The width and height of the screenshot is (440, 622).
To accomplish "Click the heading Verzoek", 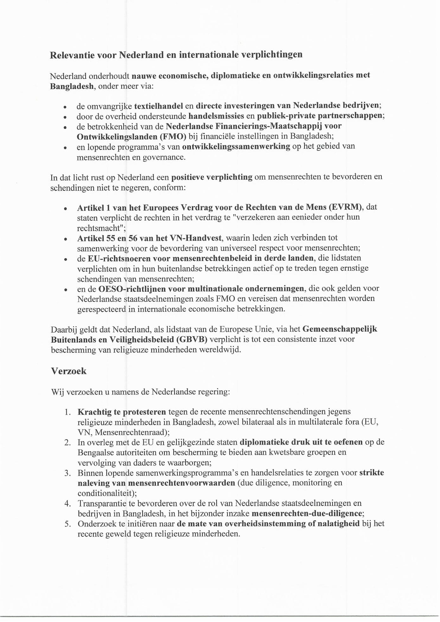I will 69,371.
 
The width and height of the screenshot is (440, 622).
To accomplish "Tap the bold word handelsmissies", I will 216,116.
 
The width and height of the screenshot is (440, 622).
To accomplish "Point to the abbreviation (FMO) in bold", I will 173,136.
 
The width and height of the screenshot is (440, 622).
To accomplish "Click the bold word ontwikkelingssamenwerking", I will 236,146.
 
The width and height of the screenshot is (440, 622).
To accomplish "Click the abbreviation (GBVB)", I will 193,339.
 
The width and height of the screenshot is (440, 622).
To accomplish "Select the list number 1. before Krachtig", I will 67,412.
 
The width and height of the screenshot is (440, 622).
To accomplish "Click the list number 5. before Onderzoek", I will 67,524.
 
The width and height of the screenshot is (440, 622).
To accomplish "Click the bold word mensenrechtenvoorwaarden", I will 182,483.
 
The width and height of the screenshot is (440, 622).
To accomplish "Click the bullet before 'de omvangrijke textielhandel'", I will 65,107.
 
